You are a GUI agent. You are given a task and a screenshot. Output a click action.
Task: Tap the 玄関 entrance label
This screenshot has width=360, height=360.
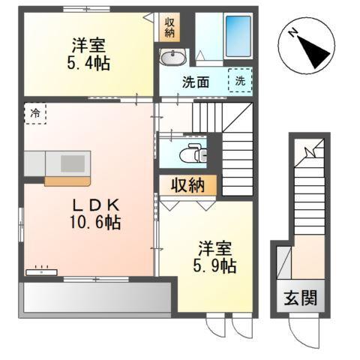[x=300, y=296]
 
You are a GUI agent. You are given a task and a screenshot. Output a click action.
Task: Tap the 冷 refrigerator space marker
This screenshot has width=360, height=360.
[x=34, y=113]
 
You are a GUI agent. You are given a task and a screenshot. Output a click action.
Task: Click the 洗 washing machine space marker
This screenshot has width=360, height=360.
[x=240, y=79]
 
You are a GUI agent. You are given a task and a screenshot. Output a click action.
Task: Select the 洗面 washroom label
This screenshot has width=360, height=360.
[x=195, y=82]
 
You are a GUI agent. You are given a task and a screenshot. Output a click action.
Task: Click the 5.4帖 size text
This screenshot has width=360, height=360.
[x=88, y=63]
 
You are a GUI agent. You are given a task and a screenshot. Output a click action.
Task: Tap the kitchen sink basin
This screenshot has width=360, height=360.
[x=72, y=163]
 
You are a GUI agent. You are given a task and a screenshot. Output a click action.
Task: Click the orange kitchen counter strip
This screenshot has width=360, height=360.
[x=67, y=180]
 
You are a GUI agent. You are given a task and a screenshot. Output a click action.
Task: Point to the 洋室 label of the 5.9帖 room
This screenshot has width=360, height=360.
[x=215, y=247]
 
